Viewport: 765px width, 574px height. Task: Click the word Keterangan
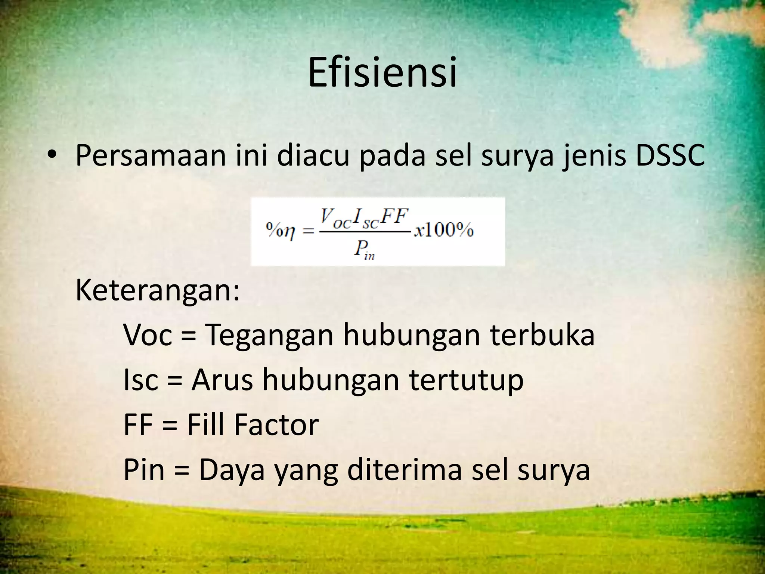click(157, 291)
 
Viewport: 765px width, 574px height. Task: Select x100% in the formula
click(444, 230)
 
